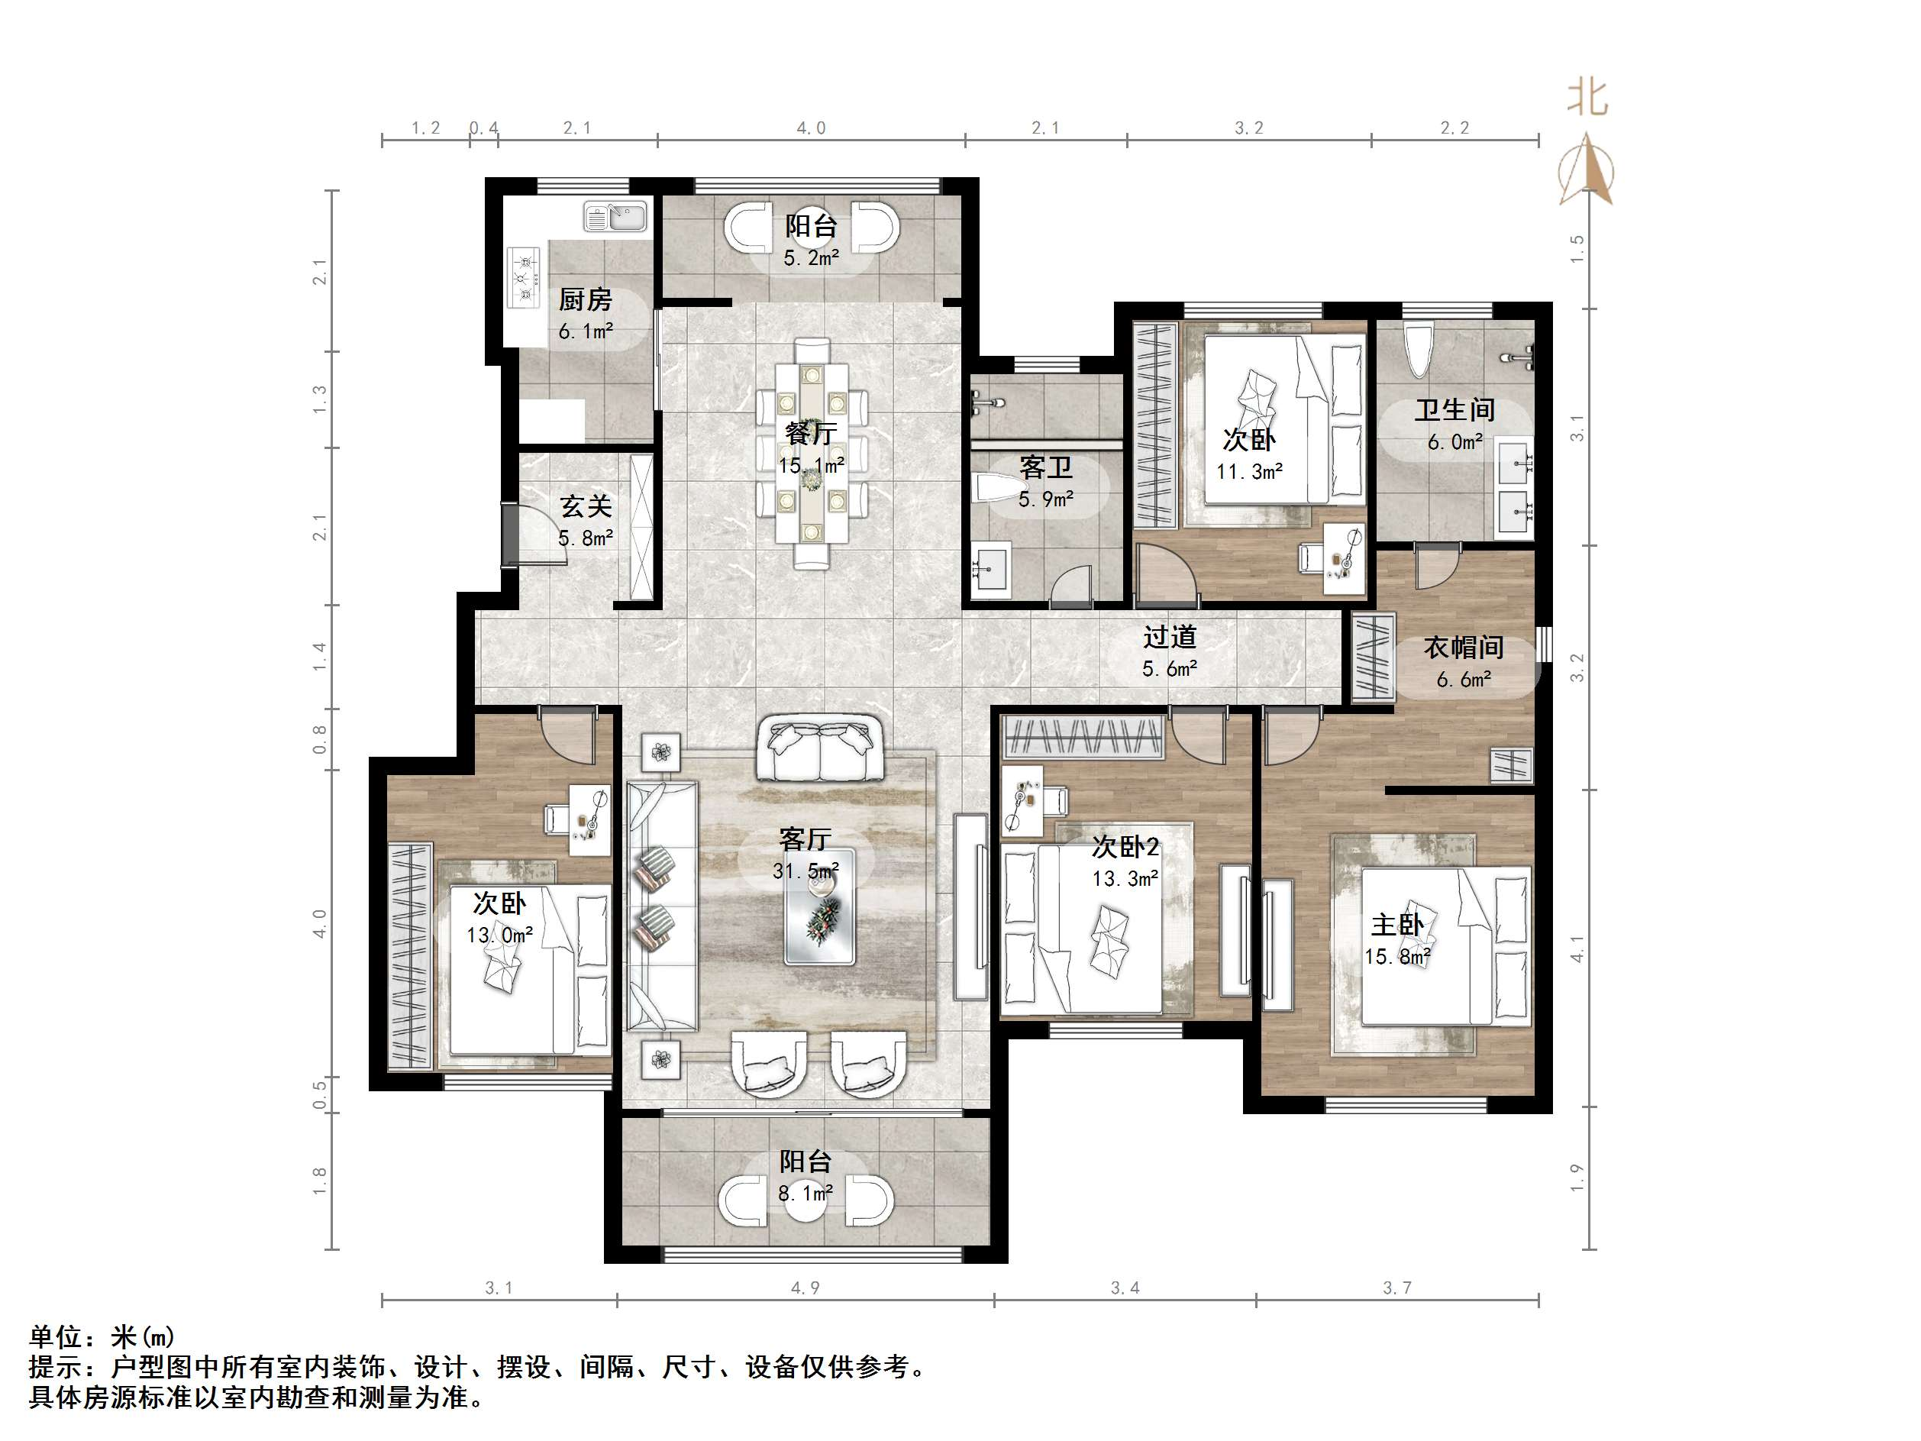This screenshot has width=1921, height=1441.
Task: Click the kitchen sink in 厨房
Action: pos(615,215)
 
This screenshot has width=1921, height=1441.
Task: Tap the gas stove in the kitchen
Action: pos(524,277)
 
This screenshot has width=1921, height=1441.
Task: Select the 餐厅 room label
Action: pos(810,432)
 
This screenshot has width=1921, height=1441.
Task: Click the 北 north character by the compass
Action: pos(1587,99)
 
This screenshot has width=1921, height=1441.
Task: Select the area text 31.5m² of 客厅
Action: pos(806,871)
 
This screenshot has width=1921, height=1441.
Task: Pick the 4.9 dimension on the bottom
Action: pos(805,1288)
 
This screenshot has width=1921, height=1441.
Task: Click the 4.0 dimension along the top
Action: pos(811,128)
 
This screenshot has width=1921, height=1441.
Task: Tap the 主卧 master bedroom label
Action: pos(1397,925)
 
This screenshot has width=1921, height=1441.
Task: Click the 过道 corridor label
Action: pos(1170,638)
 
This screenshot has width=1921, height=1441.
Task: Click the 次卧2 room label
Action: pos(1125,847)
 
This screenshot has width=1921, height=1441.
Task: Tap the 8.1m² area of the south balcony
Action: pos(805,1194)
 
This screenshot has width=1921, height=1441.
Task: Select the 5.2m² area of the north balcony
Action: pos(811,258)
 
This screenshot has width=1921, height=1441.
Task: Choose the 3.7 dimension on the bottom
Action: pos(1397,1288)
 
